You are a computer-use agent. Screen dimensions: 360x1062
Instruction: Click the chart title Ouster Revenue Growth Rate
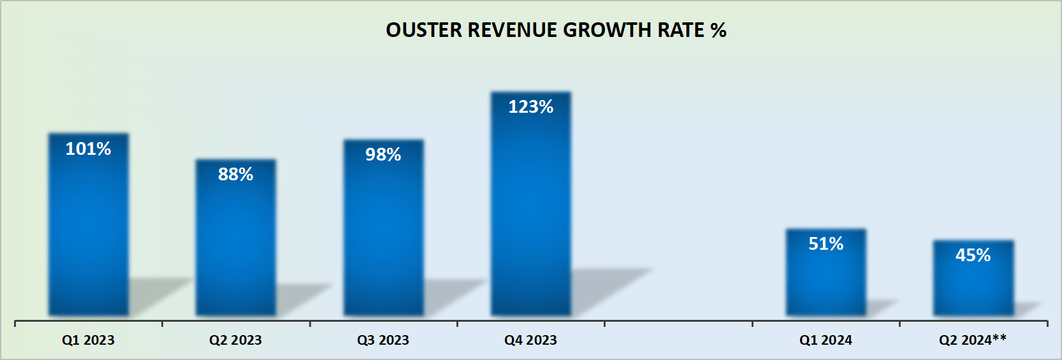pyautogui.click(x=556, y=30)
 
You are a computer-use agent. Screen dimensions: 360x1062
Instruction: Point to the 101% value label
pyautogui.click(x=89, y=149)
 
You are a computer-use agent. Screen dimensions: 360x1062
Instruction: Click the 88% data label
pyautogui.click(x=236, y=175)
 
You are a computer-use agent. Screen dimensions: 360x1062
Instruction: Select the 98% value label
pyautogui.click(x=383, y=155)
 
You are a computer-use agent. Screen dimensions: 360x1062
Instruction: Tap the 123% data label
pyautogui.click(x=531, y=107)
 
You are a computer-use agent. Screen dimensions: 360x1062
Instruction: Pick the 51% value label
pyautogui.click(x=826, y=244)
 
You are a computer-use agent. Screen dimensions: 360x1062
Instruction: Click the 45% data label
pyautogui.click(x=973, y=256)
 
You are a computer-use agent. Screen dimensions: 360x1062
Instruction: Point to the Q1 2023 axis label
pyautogui.click(x=89, y=340)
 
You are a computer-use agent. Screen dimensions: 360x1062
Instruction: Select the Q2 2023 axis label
pyautogui.click(x=236, y=340)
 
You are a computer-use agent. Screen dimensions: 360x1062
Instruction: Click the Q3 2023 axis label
pyautogui.click(x=383, y=340)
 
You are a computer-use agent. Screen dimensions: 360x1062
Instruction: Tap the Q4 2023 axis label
pyautogui.click(x=531, y=340)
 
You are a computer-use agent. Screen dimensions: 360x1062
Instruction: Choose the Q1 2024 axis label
pyautogui.click(x=826, y=340)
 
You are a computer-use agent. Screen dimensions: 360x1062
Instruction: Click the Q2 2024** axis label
pyautogui.click(x=973, y=340)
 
